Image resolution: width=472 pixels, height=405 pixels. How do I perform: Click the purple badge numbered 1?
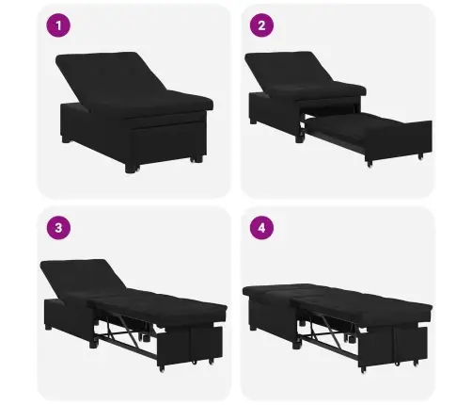61,27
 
